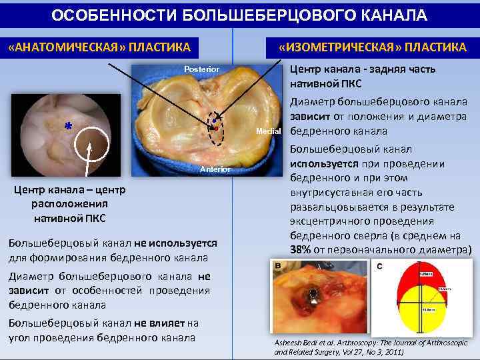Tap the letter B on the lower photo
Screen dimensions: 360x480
277,265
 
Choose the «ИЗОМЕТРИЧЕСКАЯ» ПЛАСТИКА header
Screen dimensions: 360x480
372,47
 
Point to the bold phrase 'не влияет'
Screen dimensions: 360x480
159,323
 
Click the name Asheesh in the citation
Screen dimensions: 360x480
289,342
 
